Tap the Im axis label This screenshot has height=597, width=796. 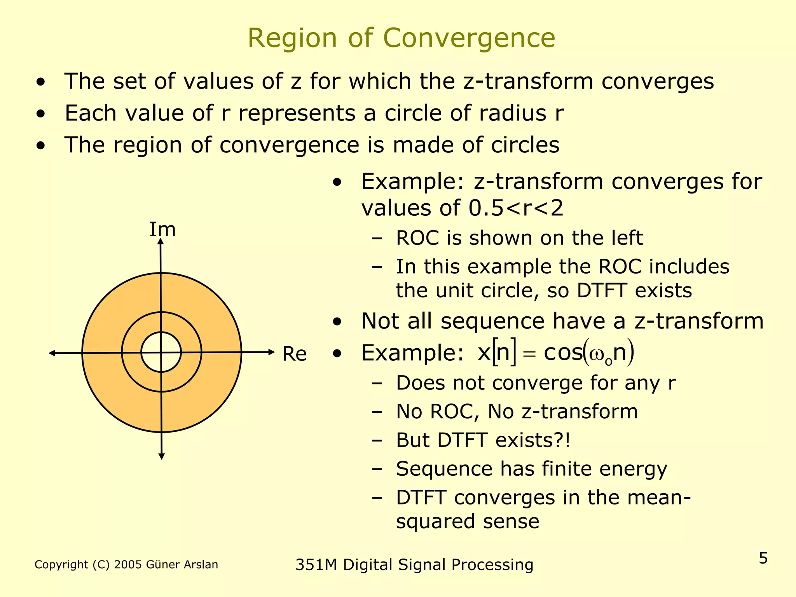(162, 229)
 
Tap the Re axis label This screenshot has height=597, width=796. (294, 354)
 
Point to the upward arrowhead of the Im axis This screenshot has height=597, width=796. (161, 242)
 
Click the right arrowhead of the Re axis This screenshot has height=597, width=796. (271, 352)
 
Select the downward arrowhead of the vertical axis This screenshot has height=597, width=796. (162, 456)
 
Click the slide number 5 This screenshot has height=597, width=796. (763, 558)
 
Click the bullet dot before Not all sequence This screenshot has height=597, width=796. (337, 322)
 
